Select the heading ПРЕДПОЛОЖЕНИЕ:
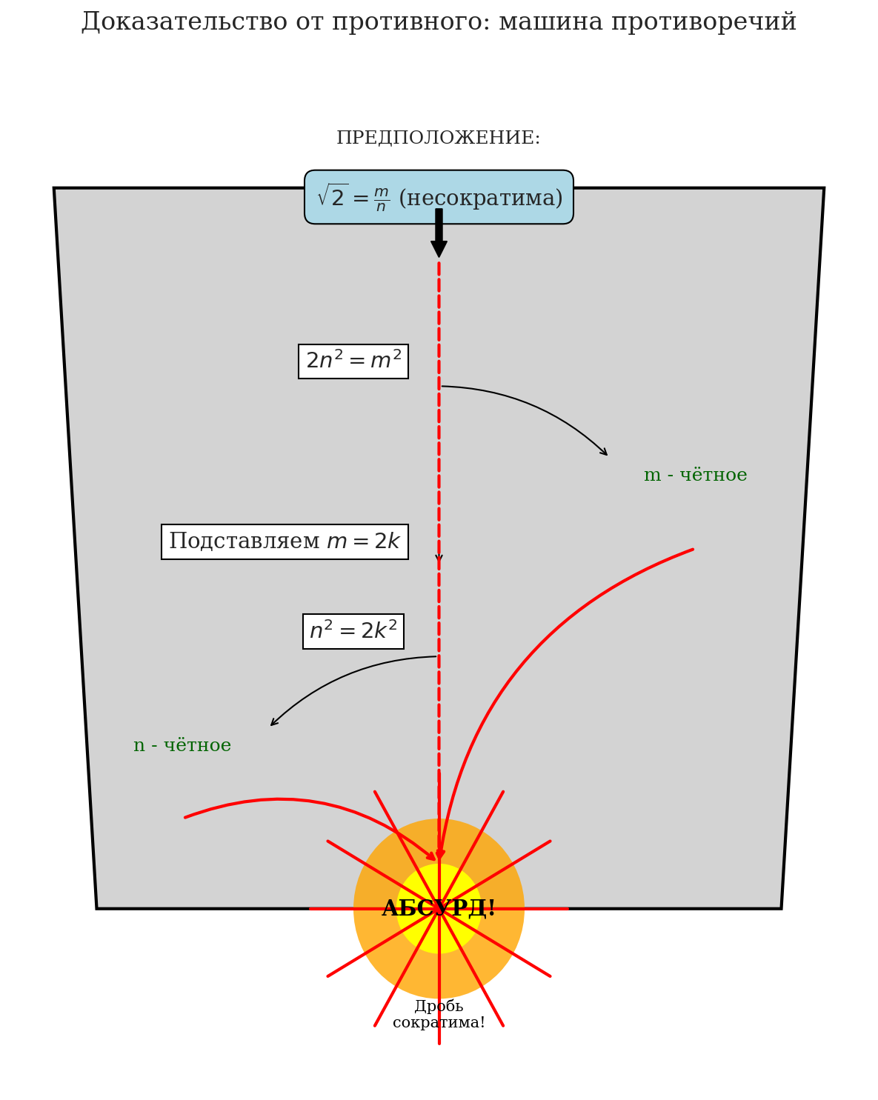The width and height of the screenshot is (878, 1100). (x=439, y=139)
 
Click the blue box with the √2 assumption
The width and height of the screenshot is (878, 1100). (x=439, y=197)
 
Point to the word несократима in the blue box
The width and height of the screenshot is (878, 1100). (x=481, y=199)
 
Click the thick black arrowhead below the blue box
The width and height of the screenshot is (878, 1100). (x=439, y=249)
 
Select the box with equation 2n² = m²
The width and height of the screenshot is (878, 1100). (x=353, y=361)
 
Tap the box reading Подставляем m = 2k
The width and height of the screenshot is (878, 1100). (x=285, y=541)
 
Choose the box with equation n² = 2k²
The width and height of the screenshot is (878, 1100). (x=353, y=631)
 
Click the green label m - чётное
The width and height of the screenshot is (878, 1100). (x=695, y=476)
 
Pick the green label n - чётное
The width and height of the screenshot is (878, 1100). (x=182, y=746)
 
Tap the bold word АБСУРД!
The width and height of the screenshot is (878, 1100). (x=439, y=909)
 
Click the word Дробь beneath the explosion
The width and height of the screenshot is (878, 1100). (x=439, y=1007)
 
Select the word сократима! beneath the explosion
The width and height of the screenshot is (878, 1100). (x=439, y=1023)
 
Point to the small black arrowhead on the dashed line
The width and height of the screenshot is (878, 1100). (x=439, y=558)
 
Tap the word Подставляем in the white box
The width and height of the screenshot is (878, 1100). (x=245, y=541)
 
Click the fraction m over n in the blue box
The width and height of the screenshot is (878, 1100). (x=381, y=199)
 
